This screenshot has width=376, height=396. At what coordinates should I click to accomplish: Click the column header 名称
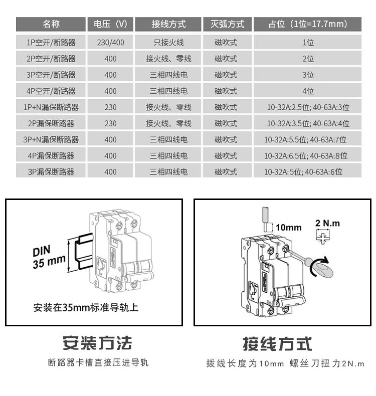click(51, 24)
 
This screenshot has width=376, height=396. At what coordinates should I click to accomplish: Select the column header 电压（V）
click(110, 24)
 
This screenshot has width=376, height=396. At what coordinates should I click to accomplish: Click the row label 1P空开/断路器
click(51, 43)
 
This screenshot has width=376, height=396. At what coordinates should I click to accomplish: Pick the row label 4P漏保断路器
click(51, 156)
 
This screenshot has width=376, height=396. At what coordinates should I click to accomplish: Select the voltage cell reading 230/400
click(110, 43)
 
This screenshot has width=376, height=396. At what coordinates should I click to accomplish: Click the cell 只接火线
click(168, 43)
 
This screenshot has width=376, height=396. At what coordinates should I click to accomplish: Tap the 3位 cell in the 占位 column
click(307, 75)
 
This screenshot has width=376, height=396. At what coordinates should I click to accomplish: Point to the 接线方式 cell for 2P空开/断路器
click(168, 59)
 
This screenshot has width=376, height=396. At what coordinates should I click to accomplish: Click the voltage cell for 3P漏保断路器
click(110, 172)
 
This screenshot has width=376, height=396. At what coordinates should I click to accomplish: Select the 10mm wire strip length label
click(289, 228)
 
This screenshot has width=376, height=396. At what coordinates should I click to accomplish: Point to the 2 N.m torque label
click(327, 223)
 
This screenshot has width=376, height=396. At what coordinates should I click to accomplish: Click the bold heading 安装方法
click(97, 343)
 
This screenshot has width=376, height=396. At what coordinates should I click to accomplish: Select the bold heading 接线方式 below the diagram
click(277, 344)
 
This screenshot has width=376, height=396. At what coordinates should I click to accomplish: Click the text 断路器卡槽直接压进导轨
click(98, 362)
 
